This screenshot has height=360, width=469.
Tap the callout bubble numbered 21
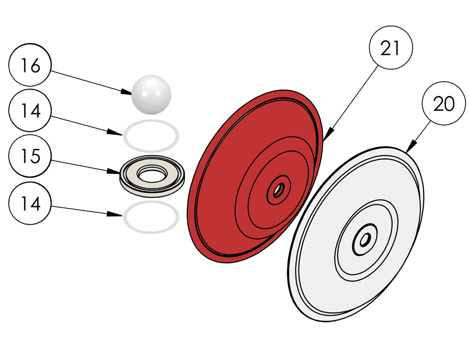click(391, 49)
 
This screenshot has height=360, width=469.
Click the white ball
click(151, 94)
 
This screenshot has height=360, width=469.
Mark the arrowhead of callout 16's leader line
click(128, 93)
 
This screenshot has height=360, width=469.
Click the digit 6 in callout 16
click(35, 66)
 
